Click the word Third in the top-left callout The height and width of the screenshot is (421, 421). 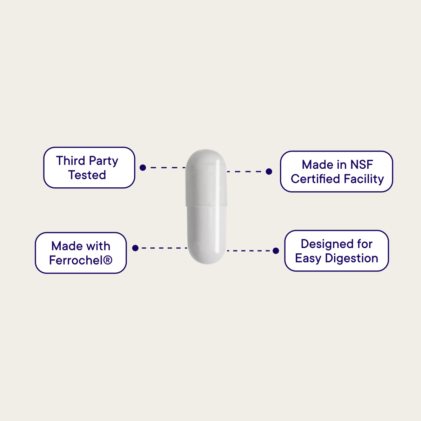click(71, 161)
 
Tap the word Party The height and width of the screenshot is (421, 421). click(103, 161)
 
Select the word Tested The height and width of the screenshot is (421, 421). click(87, 175)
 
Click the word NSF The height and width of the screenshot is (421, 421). click(361, 165)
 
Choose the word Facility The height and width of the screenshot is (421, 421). click(364, 179)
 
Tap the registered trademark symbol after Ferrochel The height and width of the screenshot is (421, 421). click(108, 260)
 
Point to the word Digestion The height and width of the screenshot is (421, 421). click(352, 259)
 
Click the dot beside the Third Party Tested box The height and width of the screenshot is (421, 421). click(143, 168)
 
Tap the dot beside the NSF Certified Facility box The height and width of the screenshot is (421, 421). click(269, 172)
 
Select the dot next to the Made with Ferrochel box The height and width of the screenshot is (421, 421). click(135, 248)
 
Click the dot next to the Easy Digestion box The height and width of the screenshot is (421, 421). click(276, 251)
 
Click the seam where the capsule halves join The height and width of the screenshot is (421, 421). click(206, 205)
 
